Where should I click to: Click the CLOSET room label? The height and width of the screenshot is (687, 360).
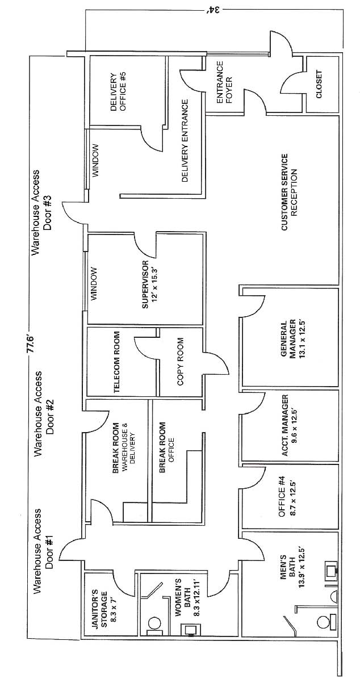pyautogui.click(x=319, y=85)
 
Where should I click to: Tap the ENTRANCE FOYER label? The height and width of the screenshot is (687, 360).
pyautogui.click(x=224, y=82)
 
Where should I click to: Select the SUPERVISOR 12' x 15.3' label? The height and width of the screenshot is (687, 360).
pyautogui.click(x=149, y=284)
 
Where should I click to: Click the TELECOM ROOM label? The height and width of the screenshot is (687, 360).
pyautogui.click(x=116, y=362)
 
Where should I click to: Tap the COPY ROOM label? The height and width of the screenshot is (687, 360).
pyautogui.click(x=181, y=362)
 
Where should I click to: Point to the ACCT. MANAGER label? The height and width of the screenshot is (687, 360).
pyautogui.click(x=288, y=425)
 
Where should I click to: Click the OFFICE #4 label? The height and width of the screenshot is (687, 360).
pyautogui.click(x=286, y=496)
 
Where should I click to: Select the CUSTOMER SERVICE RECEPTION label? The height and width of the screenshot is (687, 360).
pyautogui.click(x=289, y=192)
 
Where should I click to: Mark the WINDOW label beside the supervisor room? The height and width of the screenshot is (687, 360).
pyautogui.click(x=94, y=284)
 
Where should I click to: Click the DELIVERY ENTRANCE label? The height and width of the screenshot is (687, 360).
pyautogui.click(x=185, y=140)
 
